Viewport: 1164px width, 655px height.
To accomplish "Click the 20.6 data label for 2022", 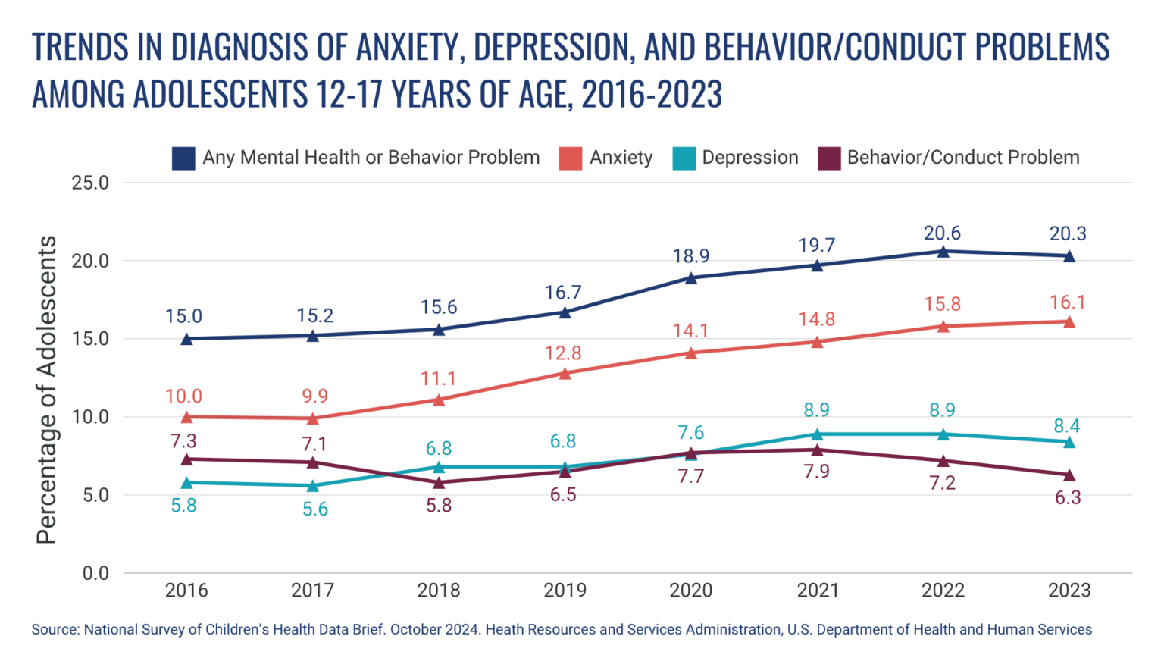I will (942, 233).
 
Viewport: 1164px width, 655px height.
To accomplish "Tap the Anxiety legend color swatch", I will (570, 158).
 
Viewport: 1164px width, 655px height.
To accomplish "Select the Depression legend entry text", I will (749, 158).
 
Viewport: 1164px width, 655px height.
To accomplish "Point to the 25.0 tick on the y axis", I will (90, 183).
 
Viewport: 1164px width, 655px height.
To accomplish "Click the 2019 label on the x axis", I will (565, 590).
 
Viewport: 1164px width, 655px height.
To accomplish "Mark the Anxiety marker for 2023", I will (1069, 321).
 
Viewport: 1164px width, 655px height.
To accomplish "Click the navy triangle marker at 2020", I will (691, 277).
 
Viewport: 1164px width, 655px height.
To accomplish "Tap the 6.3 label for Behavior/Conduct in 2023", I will (1067, 498).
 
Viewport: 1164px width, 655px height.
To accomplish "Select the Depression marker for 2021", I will (817, 434).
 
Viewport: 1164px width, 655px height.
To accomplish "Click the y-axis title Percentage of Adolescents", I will (47, 390).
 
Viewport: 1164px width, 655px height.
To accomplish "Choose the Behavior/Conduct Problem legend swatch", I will (829, 158).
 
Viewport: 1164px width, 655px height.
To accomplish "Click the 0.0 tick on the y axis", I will (95, 573).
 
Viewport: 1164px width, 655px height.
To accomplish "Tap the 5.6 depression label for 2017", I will (314, 509).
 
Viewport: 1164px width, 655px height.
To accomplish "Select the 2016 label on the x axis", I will (186, 590).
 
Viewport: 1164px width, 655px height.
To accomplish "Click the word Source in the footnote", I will (55, 630).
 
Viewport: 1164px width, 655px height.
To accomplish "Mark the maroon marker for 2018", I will (439, 481).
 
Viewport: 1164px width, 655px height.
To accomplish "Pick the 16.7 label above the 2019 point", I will (563, 293).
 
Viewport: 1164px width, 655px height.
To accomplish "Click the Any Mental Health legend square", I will (183, 158).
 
